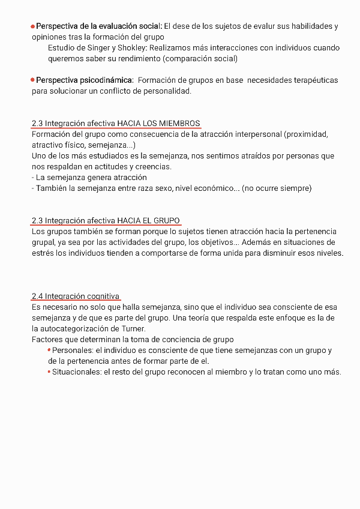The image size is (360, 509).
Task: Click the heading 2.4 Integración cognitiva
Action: (76, 296)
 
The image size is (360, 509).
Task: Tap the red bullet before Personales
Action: (49, 351)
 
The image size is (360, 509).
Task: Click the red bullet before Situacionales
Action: (49, 372)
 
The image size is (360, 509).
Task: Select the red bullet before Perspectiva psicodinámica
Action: (33, 80)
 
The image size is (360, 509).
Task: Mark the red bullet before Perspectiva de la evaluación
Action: (33, 26)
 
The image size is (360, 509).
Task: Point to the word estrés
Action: (44, 253)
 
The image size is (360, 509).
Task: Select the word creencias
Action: (152, 167)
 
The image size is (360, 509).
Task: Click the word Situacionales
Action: (76, 372)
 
